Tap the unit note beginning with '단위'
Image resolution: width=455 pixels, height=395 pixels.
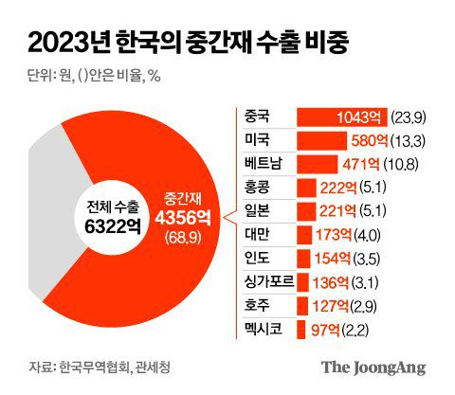(x=91, y=78)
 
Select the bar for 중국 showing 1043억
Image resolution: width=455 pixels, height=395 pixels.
(x=339, y=116)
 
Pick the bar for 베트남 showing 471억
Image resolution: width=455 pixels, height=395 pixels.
(x=318, y=163)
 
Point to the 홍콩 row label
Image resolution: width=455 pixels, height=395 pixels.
(x=256, y=187)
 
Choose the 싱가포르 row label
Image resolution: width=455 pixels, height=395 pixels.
(x=265, y=281)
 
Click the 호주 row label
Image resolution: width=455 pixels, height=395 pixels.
(x=256, y=305)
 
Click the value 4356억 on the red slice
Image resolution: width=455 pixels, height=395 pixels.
(x=180, y=216)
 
